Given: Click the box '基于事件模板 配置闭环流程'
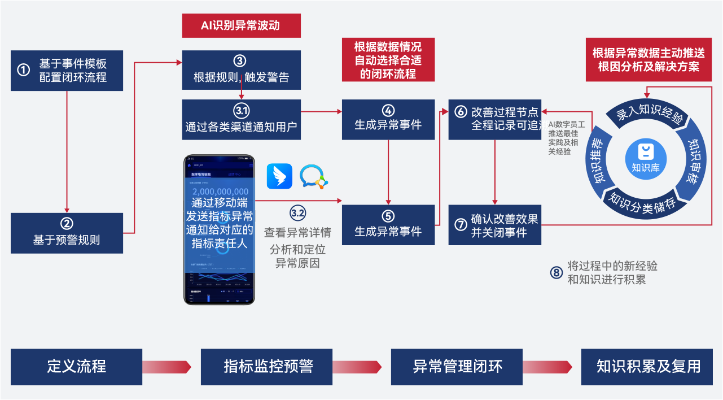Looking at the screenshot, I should [x=67, y=70].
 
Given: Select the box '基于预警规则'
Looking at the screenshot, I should [x=67, y=233].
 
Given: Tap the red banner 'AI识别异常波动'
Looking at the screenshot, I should [x=241, y=26].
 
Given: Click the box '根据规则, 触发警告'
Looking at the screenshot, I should [x=241, y=70].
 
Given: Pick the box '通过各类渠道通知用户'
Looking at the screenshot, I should [x=241, y=119].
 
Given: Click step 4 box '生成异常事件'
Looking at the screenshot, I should [x=388, y=119].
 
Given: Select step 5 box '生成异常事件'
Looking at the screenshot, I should [x=388, y=224].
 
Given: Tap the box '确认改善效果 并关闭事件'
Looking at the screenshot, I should [x=495, y=224].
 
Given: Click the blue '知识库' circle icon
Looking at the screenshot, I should [x=646, y=158].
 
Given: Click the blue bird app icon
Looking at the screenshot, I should [x=279, y=176].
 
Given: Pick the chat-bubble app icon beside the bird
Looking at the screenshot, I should [x=313, y=176].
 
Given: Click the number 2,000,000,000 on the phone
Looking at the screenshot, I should [x=220, y=192].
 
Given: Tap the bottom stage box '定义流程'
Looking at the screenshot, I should [x=76, y=367].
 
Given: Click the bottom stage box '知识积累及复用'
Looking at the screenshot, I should [x=648, y=367].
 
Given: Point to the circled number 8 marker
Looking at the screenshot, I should [x=557, y=273].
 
